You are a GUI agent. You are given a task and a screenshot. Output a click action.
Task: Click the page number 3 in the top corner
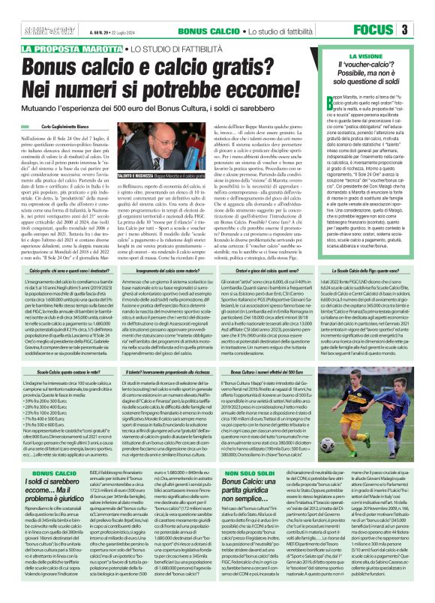click(x=424, y=29)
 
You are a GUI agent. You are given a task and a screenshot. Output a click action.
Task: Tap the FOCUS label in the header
click(x=391, y=29)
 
